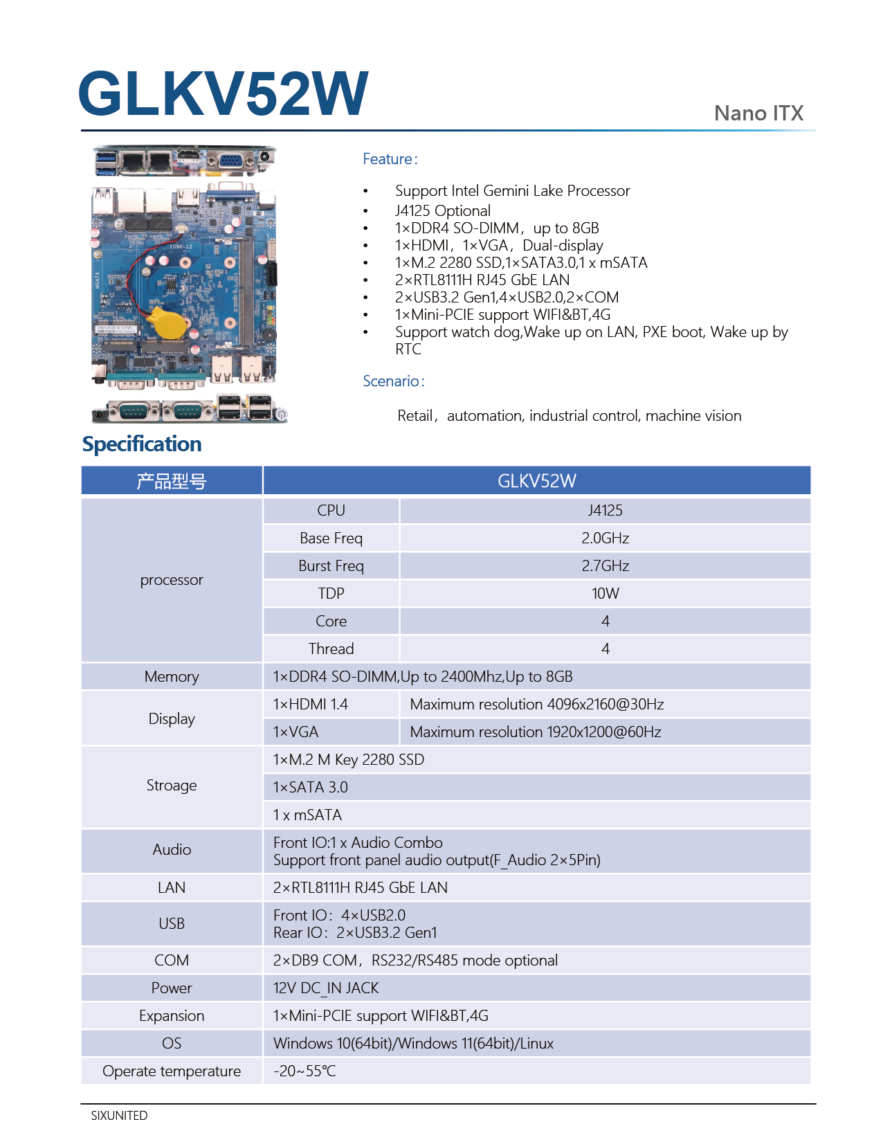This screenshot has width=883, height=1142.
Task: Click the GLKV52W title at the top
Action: tap(223, 93)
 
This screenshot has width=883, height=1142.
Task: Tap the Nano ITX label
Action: tap(758, 114)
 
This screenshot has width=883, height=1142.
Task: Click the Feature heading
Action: tap(390, 159)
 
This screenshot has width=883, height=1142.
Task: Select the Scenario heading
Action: tap(393, 381)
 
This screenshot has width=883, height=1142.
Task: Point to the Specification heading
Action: tap(142, 444)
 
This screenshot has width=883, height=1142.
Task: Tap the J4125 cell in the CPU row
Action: tap(605, 511)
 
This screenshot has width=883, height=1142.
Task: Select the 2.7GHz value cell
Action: tap(605, 566)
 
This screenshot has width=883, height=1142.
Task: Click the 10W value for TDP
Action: tap(605, 594)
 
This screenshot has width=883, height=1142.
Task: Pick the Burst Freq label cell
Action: tap(331, 566)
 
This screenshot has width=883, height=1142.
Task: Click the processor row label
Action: tap(172, 580)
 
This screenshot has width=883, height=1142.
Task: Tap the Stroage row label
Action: tap(172, 786)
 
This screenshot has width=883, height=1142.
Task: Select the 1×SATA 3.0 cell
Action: tap(311, 788)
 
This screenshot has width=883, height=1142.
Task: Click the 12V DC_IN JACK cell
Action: tap(326, 988)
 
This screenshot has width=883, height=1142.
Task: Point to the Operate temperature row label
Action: tap(172, 1071)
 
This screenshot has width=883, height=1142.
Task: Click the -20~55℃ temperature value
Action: tap(304, 1071)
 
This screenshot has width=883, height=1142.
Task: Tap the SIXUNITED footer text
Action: tap(119, 1116)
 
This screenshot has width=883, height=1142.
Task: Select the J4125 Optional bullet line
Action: tap(443, 211)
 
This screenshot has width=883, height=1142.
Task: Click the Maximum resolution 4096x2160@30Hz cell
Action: tap(536, 705)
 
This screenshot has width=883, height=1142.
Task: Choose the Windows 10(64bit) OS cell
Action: tap(413, 1044)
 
